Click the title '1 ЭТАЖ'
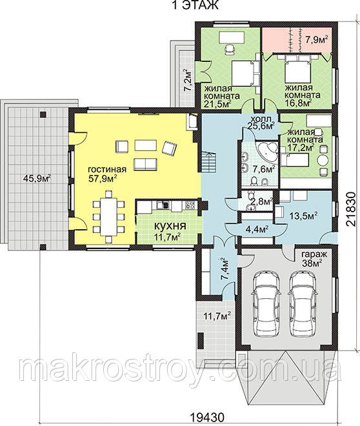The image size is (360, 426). tap(195, 5)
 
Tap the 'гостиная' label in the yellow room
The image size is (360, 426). tap(107, 170)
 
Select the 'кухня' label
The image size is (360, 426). tap(170, 226)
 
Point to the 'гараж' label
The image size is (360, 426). tap(314, 255)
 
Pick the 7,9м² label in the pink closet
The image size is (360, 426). tap(316, 40)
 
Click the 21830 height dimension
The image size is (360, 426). tap(351, 209)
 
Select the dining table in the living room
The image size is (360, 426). tap(108, 216)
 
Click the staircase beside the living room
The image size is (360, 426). tap(208, 161)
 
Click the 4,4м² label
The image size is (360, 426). tap(257, 229)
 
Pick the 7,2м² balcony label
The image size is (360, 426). tap(188, 81)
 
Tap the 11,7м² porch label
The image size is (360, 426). tap(217, 316)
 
